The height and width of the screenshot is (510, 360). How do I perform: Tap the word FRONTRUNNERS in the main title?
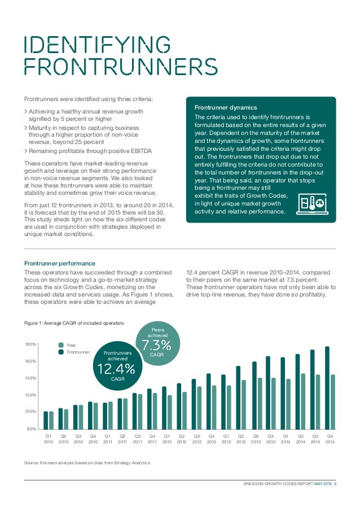(x=120, y=66)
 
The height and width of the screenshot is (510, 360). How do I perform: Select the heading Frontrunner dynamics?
(x=226, y=107)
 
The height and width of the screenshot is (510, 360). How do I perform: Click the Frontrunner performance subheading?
(x=60, y=263)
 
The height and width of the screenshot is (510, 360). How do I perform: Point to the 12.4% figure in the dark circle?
(x=116, y=369)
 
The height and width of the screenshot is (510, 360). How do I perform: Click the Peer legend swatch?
(x=62, y=344)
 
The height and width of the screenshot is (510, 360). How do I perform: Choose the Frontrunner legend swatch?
(x=62, y=352)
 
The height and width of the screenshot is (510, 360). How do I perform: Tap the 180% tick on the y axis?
(x=31, y=344)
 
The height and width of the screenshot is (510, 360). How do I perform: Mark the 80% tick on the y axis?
(x=32, y=429)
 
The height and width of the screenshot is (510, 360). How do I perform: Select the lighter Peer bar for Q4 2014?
(x=333, y=402)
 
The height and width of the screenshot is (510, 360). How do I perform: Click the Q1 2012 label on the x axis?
(x=166, y=439)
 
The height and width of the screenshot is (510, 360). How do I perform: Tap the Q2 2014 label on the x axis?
(x=300, y=439)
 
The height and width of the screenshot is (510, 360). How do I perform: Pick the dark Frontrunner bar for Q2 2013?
(x=238, y=398)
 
